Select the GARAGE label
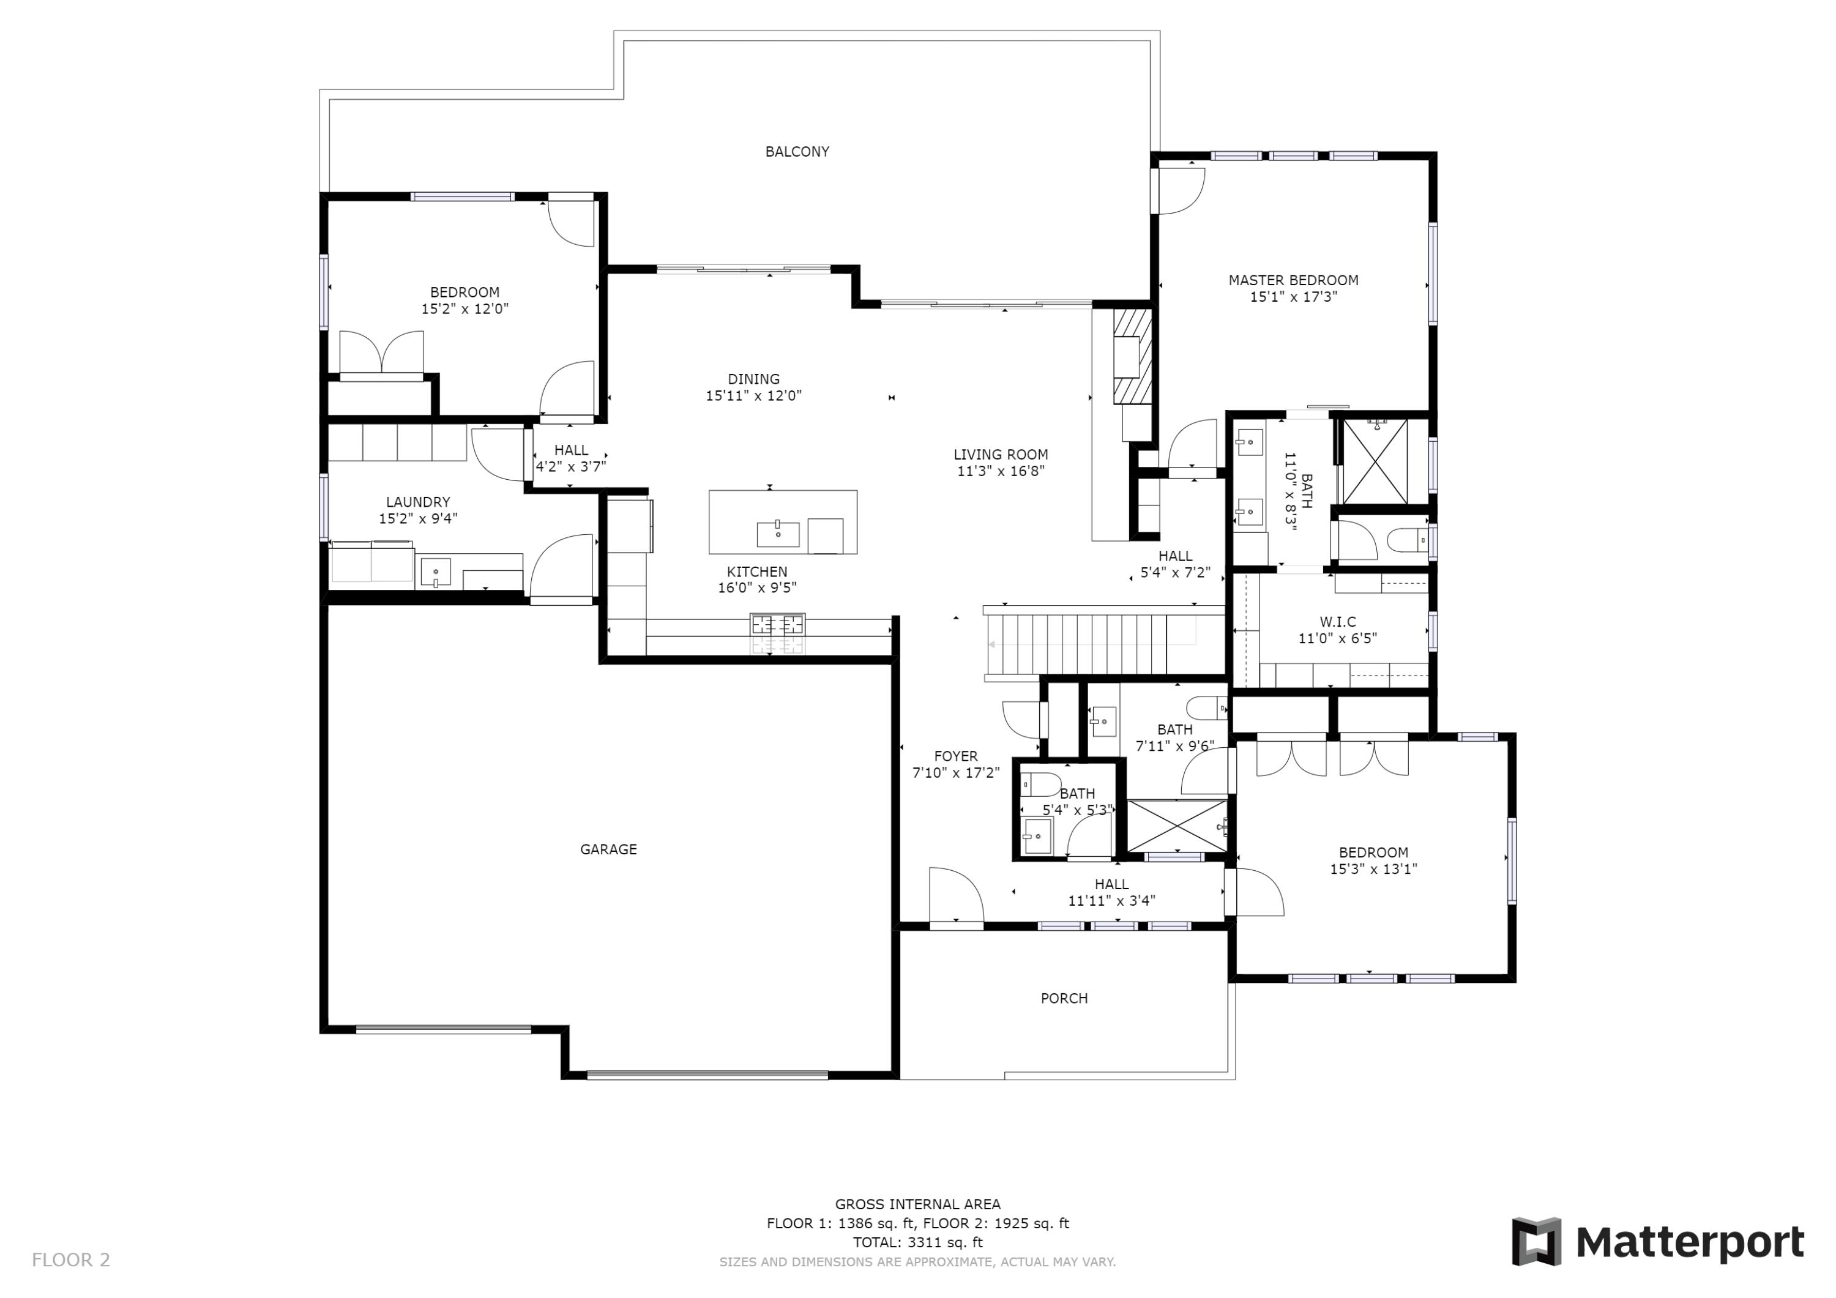coord(608,849)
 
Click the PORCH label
coord(1064,998)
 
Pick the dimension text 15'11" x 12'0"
coord(753,396)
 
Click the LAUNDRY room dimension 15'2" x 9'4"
coord(418,518)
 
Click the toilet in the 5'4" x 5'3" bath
coord(1041,784)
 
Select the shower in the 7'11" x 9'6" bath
coord(1176,826)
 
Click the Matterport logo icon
coord(1536,1241)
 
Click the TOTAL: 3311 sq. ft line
coord(917,1242)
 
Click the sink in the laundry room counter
coord(435,573)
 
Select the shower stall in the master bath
coord(1375,462)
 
